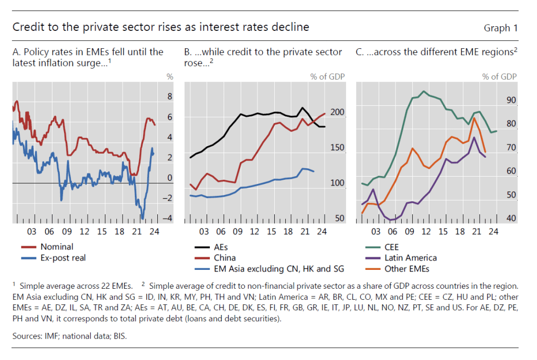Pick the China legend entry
225,257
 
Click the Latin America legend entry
411,257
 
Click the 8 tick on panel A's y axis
169,96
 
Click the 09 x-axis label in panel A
67,231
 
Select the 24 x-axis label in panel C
492,231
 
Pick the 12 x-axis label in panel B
255,231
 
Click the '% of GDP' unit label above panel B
327,77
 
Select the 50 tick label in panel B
339,219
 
